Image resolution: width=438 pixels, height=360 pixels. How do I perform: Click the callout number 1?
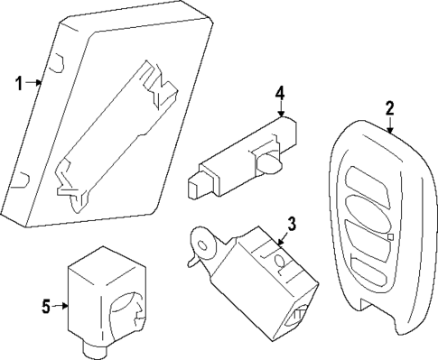pos(17,83)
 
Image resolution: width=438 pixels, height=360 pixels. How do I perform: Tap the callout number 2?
pos(389,109)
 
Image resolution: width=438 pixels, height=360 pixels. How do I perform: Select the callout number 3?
pos(291,222)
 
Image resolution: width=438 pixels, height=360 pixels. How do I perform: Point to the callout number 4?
pos(280,92)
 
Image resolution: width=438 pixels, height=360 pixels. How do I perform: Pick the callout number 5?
pos(46,306)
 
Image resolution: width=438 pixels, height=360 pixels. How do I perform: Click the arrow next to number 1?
pos(34,83)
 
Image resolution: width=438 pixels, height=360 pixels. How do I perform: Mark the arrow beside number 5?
pos(62,306)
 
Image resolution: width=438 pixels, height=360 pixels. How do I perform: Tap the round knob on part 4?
pos(270,163)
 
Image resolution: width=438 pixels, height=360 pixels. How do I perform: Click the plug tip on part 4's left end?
pos(192,188)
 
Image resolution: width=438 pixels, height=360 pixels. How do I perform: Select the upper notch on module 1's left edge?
pos(56,63)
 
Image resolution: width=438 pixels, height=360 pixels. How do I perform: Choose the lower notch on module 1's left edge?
pos(25,181)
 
